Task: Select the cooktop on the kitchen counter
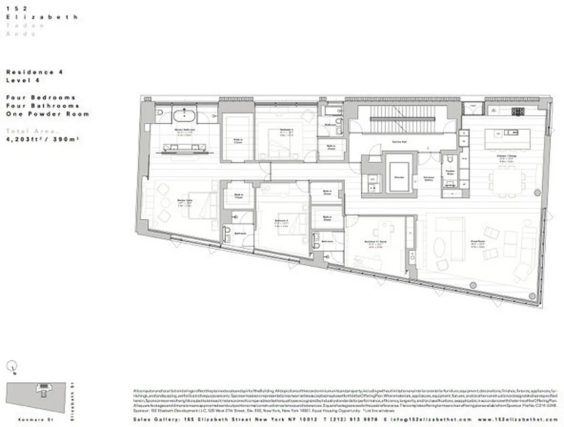tap(517, 112)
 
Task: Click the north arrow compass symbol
tap(13, 366)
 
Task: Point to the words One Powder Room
tap(47, 114)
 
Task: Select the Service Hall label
tap(392, 141)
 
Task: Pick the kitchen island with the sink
tap(507, 139)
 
